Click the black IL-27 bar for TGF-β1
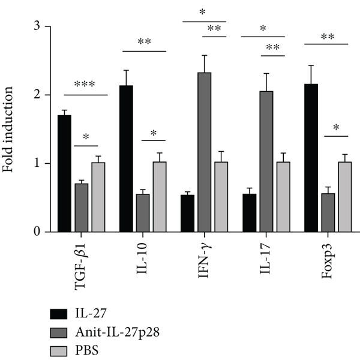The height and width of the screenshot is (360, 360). (64, 173)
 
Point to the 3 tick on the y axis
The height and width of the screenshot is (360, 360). (38, 27)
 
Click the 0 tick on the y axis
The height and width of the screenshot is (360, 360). (38, 232)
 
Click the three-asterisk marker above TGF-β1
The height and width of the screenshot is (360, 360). (85, 85)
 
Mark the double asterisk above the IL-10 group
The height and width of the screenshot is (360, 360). (144, 41)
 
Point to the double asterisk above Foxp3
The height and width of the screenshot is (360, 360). (327, 36)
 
